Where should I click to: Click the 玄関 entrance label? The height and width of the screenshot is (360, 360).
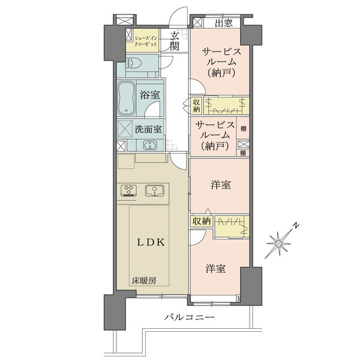pyautogui.click(x=175, y=41)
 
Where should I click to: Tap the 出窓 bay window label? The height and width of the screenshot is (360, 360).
pyautogui.click(x=224, y=23)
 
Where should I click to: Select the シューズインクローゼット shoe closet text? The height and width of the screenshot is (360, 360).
pyautogui.click(x=146, y=41)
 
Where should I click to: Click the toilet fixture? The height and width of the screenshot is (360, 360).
pyautogui.click(x=133, y=63)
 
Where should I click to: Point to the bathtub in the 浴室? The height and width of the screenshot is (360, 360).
pyautogui.click(x=126, y=98)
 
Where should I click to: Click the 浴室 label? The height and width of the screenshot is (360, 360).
pyautogui.click(x=150, y=95)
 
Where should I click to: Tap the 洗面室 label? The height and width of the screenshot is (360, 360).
pyautogui.click(x=148, y=129)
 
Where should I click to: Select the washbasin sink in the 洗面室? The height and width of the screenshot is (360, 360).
pyautogui.click(x=150, y=145)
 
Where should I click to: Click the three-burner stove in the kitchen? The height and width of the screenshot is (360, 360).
pyautogui.click(x=128, y=191)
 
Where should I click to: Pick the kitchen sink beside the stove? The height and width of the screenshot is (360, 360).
pyautogui.click(x=155, y=191)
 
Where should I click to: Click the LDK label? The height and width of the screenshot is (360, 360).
pyautogui.click(x=151, y=242)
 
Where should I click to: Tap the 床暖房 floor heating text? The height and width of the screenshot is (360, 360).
pyautogui.click(x=144, y=280)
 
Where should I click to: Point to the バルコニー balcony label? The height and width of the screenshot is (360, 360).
pyautogui.click(x=190, y=317)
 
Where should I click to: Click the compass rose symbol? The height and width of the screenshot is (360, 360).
pyautogui.click(x=279, y=243)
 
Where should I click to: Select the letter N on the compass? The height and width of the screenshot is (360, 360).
pyautogui.click(x=296, y=226)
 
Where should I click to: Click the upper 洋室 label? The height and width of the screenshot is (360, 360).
pyautogui.click(x=221, y=185)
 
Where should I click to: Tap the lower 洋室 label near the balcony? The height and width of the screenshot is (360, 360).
pyautogui.click(x=215, y=269)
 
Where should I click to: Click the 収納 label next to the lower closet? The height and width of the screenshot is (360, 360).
pyautogui.click(x=202, y=221)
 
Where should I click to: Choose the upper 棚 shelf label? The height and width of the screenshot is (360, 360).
pyautogui.click(x=244, y=128)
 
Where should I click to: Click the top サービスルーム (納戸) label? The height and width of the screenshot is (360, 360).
pyautogui.click(x=221, y=62)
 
